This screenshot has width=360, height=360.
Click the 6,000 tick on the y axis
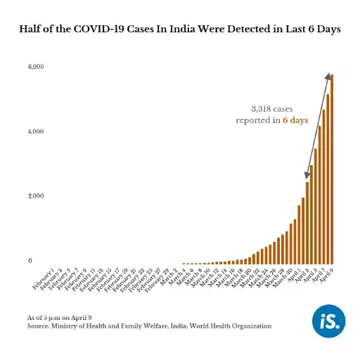pos(36,67)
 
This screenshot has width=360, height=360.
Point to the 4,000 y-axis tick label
pos(36,131)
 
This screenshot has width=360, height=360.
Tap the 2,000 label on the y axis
pos(36,195)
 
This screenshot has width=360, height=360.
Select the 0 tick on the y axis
pos(30,261)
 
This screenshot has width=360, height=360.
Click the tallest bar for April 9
pos(332,169)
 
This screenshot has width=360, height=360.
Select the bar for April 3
pos(307,222)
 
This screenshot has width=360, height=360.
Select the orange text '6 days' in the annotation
pos(295,121)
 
